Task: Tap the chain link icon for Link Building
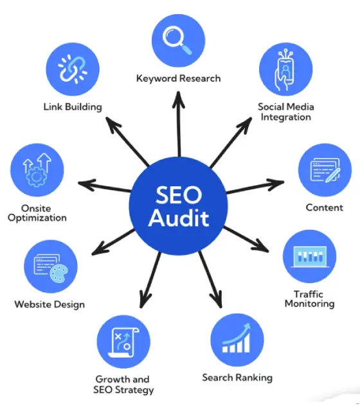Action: click(x=73, y=69)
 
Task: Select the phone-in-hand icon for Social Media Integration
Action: click(x=285, y=70)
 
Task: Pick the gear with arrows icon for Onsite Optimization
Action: click(x=37, y=170)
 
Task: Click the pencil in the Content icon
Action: click(x=333, y=175)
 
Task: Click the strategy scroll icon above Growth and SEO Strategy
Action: click(x=123, y=342)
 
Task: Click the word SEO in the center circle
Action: click(x=179, y=195)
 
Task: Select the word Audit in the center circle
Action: click(x=179, y=218)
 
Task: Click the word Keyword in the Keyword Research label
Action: click(x=156, y=78)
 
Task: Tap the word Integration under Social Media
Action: click(x=285, y=117)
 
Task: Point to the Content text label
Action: click(x=324, y=207)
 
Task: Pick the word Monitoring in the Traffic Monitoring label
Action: click(x=310, y=304)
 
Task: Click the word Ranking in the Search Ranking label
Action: click(x=254, y=378)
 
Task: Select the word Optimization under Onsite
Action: click(x=37, y=218)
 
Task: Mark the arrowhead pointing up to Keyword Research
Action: click(x=179, y=100)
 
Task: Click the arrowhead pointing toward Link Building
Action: click(x=113, y=124)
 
